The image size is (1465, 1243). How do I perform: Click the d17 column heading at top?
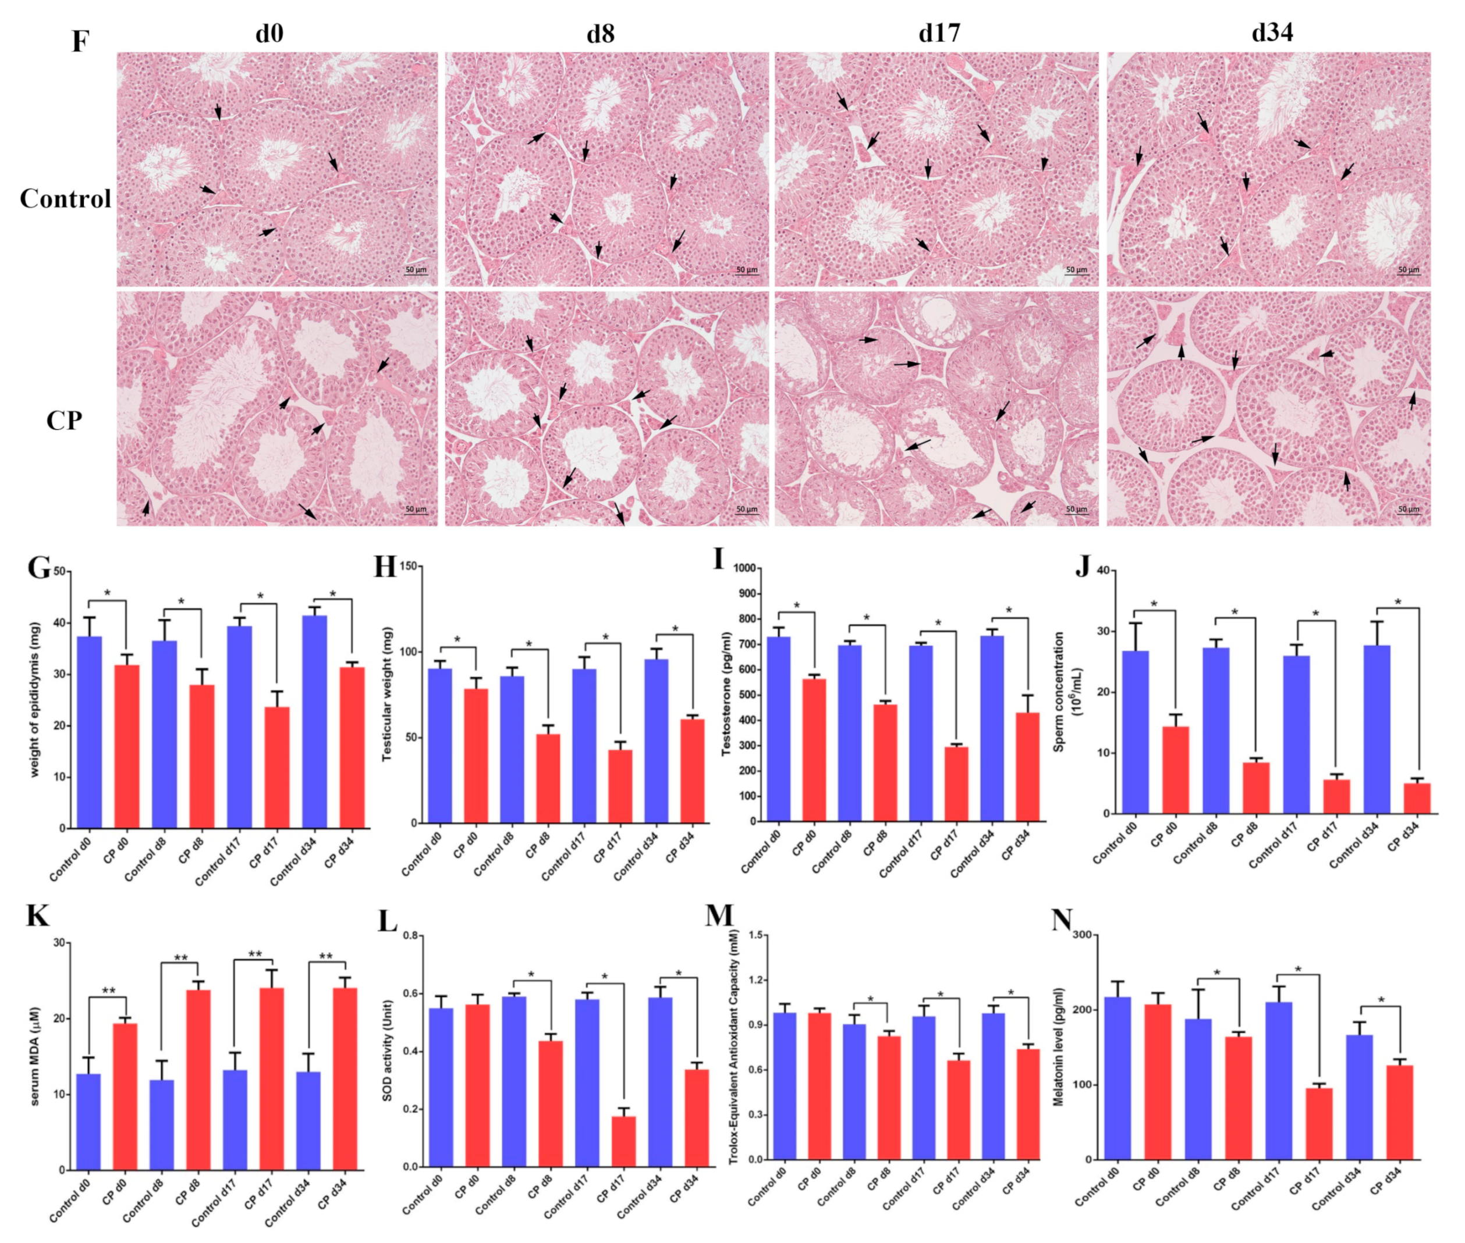(x=938, y=33)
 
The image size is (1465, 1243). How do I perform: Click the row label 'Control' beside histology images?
(x=66, y=199)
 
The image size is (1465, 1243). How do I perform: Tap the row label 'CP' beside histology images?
(x=64, y=421)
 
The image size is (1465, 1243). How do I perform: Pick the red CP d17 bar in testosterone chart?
(x=956, y=783)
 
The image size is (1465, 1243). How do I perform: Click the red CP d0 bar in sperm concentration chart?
(x=1176, y=770)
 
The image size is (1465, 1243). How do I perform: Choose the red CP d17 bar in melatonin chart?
(x=1319, y=1123)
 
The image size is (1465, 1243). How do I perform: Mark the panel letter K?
(x=37, y=916)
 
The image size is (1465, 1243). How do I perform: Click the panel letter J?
(x=1082, y=566)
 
